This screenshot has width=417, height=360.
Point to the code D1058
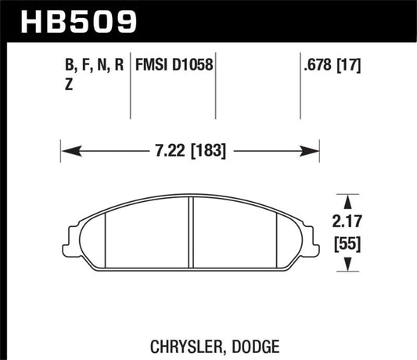click(x=192, y=64)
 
